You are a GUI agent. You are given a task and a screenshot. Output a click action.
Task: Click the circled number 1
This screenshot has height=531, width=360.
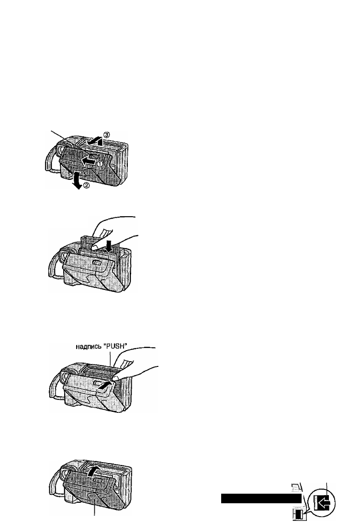click(100, 164)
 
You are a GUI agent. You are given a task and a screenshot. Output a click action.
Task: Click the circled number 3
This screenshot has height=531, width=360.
click(106, 135)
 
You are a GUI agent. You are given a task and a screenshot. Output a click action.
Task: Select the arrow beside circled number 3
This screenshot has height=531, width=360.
click(93, 140)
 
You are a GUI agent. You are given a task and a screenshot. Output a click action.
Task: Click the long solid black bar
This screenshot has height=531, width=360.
click(261, 498)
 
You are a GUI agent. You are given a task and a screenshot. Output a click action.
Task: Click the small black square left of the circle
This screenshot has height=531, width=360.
click(299, 515)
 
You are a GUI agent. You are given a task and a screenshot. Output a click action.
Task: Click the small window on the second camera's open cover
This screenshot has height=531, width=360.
click(96, 263)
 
